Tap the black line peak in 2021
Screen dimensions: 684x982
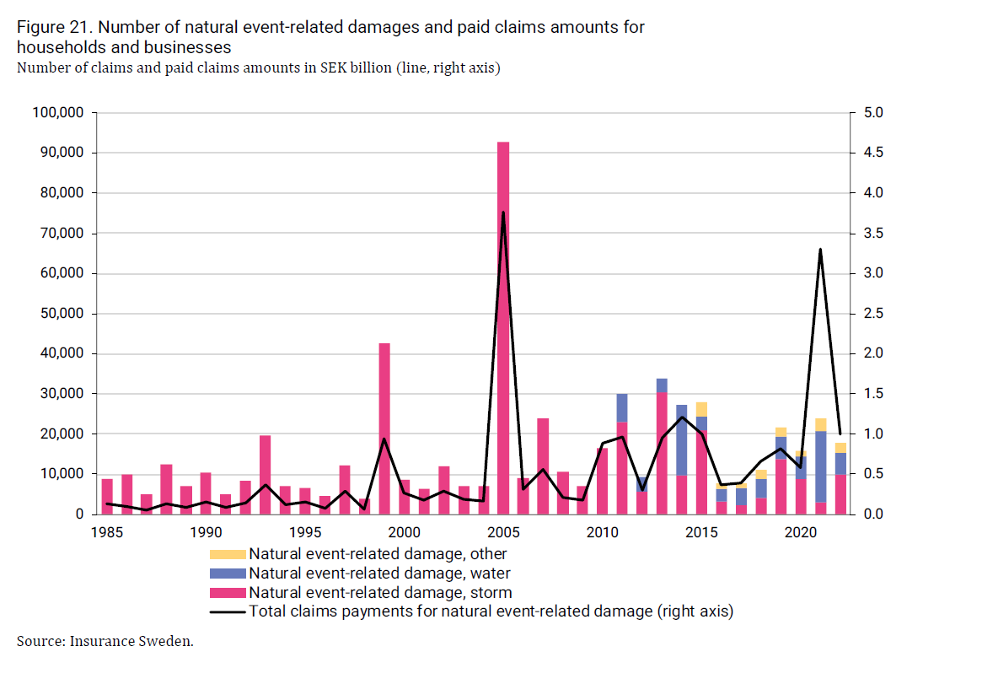[x=820, y=250]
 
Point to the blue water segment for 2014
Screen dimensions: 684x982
[x=682, y=439]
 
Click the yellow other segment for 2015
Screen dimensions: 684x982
[x=701, y=409]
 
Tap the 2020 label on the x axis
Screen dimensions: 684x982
[x=801, y=533]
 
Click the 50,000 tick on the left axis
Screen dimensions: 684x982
[x=64, y=314]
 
